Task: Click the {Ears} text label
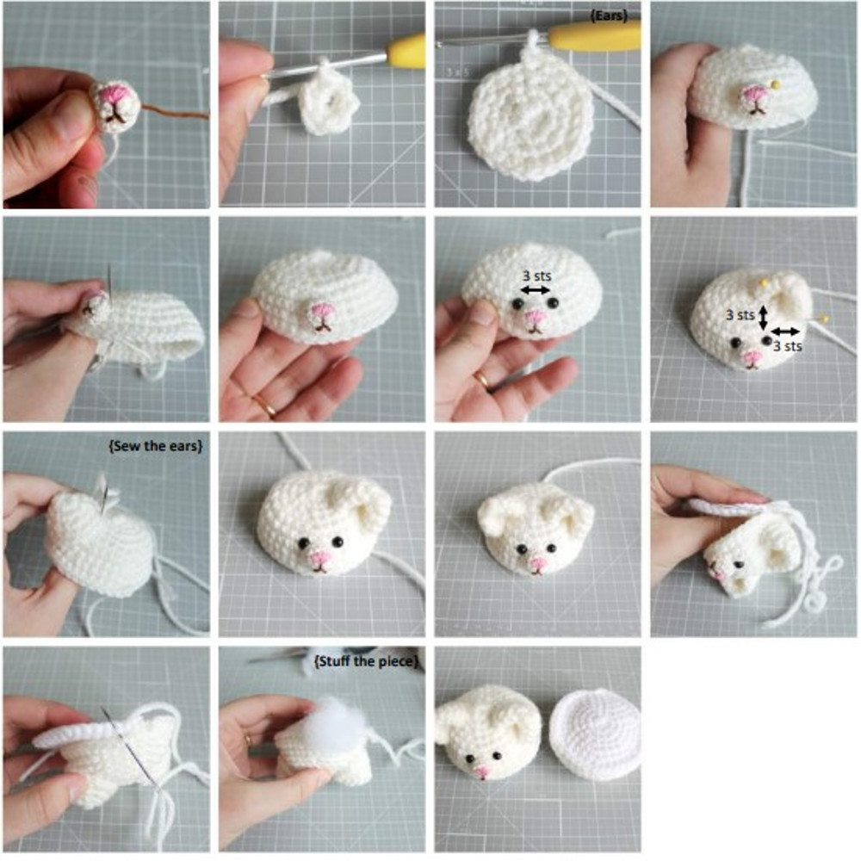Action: [x=609, y=15]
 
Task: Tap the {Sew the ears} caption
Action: [x=156, y=446]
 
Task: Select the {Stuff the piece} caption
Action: [x=366, y=661]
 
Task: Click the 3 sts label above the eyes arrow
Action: [x=536, y=276]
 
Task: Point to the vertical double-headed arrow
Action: [x=763, y=318]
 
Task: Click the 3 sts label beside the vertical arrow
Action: [x=740, y=315]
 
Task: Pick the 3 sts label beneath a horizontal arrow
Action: [x=788, y=346]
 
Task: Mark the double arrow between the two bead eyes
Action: [x=535, y=290]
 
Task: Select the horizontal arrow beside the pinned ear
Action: [x=785, y=331]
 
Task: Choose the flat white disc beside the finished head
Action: [x=596, y=733]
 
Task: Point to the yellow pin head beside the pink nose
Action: [x=776, y=84]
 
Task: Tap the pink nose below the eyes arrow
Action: [x=536, y=318]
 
